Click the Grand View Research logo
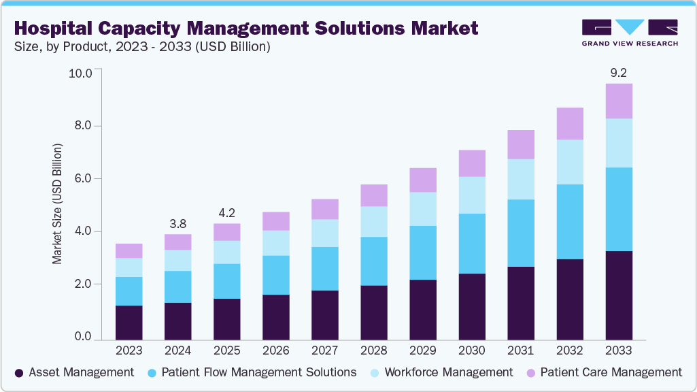click(x=630, y=32)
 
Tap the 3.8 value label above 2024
click(x=177, y=223)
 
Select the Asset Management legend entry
click(x=74, y=372)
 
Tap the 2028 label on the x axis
click(x=373, y=350)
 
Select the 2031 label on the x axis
click(x=520, y=350)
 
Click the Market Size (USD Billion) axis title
click(x=58, y=204)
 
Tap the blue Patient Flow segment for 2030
click(x=471, y=244)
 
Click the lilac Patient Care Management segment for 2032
click(x=569, y=123)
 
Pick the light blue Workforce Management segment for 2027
click(x=324, y=233)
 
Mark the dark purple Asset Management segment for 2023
click(x=129, y=323)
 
